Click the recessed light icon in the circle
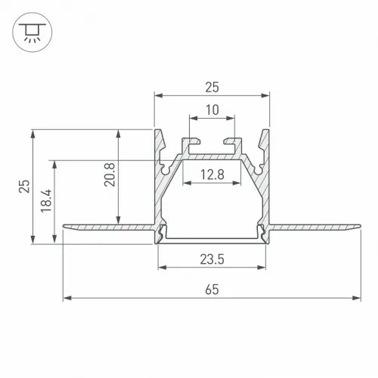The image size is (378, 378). pyautogui.click(x=32, y=33)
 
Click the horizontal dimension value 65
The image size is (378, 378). pyautogui.click(x=212, y=290)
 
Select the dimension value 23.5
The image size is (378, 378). pyautogui.click(x=212, y=259)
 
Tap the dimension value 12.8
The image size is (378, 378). pyautogui.click(x=212, y=175)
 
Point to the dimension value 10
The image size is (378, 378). pyautogui.click(x=212, y=110)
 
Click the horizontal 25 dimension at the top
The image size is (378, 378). pyautogui.click(x=212, y=87)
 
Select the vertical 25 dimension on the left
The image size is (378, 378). pyautogui.click(x=24, y=186)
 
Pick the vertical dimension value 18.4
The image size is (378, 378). pyautogui.click(x=46, y=201)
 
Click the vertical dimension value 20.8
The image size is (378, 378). pyautogui.click(x=110, y=175)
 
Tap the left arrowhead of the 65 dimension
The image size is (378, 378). pyautogui.click(x=67, y=298)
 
